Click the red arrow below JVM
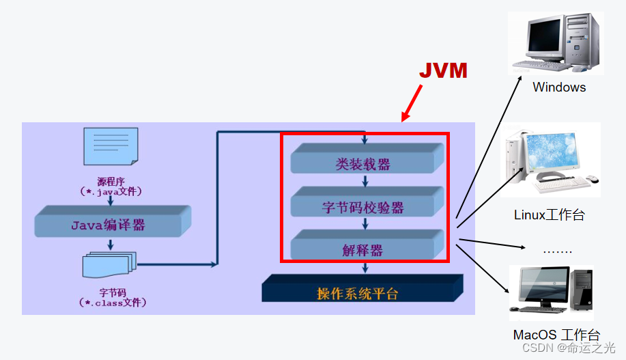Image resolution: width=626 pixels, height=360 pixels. coord(412,104)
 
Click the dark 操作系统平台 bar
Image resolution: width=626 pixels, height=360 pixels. coord(361,292)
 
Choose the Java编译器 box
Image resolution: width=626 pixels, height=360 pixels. coord(110,224)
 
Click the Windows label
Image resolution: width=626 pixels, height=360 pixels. coord(559,87)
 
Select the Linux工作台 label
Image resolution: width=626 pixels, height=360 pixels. coord(550,215)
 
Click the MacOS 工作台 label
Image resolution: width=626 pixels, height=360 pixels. coord(556,335)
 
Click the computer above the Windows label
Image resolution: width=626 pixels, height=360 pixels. coord(557,41)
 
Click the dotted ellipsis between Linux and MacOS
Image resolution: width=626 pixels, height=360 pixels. coord(557,251)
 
